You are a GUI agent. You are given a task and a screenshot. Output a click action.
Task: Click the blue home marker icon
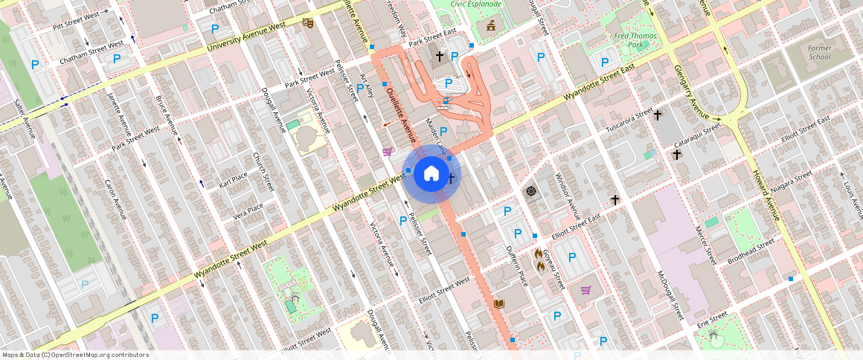click(x=431, y=174)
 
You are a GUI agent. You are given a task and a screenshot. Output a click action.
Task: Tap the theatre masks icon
click(x=307, y=23)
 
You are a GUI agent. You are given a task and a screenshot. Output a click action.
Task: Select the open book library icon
click(x=499, y=303)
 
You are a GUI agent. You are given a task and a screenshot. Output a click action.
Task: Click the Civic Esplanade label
click(x=476, y=4)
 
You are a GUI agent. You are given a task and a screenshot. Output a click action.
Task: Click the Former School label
click(x=819, y=52)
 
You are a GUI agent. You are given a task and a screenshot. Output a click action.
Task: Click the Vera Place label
click(x=248, y=212)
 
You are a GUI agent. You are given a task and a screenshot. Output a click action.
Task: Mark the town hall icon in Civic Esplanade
click(x=490, y=27)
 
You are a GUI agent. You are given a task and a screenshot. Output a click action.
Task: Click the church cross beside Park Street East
click(x=439, y=56)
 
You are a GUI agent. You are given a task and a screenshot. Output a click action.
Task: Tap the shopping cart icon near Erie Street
click(x=586, y=289)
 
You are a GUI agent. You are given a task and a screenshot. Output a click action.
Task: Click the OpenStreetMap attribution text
click(x=75, y=355)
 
